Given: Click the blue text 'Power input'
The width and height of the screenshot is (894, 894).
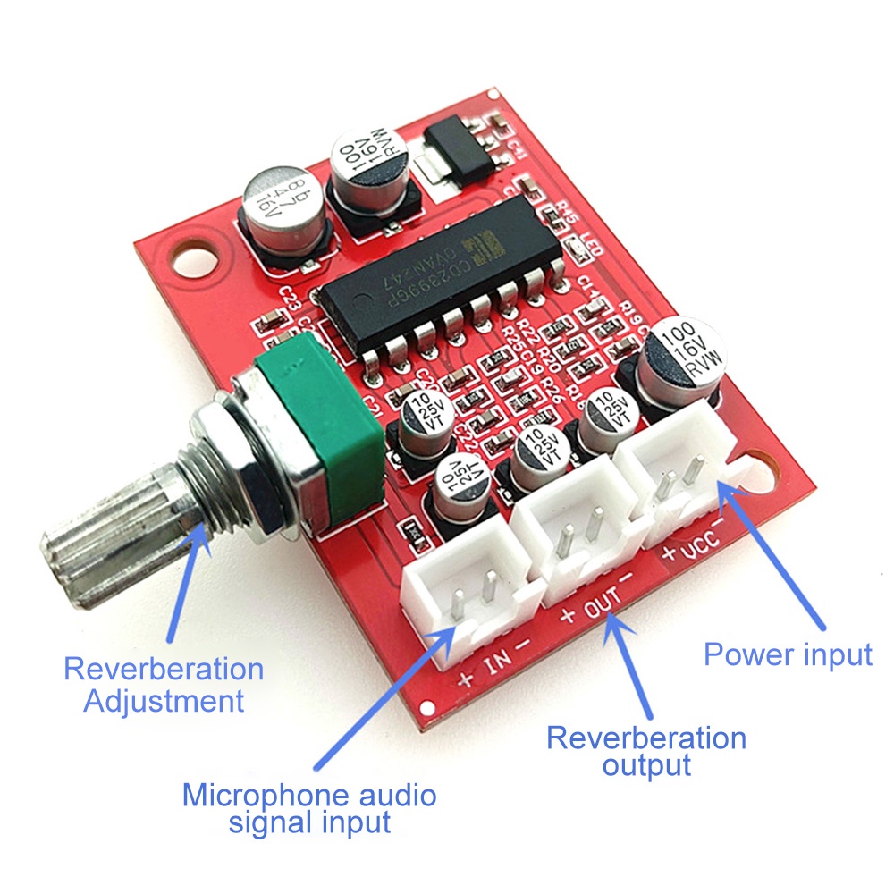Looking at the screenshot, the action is coord(788,654).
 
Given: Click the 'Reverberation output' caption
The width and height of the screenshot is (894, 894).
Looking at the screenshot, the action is coord(646,751).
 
